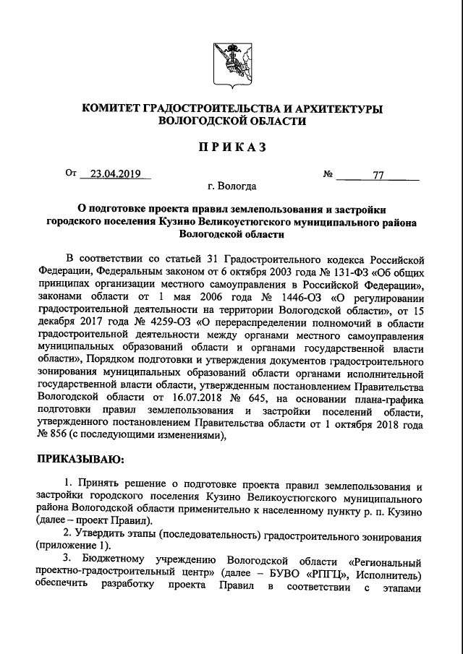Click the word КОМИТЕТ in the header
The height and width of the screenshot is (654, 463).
point(117,108)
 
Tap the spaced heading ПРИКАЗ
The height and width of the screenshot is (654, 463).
point(231,147)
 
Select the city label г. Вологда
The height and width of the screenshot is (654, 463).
point(231,186)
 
